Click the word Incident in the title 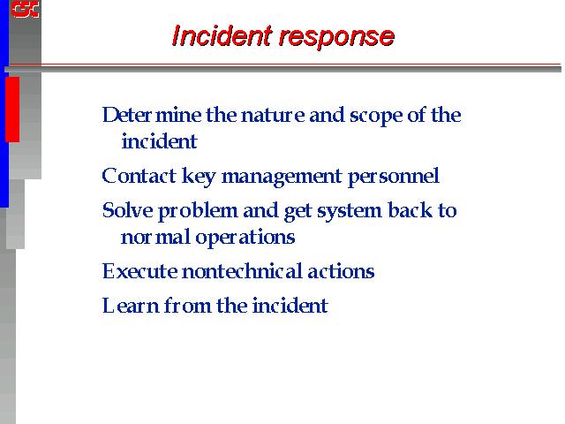pyautogui.click(x=222, y=35)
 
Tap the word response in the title pyautogui.click(x=337, y=37)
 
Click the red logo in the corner pyautogui.click(x=25, y=9)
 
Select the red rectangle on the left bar pyautogui.click(x=12, y=110)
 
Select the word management pyautogui.click(x=282, y=178)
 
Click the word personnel pyautogui.click(x=394, y=178)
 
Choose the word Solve pyautogui.click(x=127, y=210)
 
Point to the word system pyautogui.click(x=350, y=212)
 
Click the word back pyautogui.click(x=410, y=210)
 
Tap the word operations pyautogui.click(x=245, y=238)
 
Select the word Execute pyautogui.click(x=139, y=271)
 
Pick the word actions pyautogui.click(x=341, y=271)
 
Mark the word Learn pyautogui.click(x=131, y=306)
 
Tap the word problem pyautogui.click(x=198, y=212)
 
